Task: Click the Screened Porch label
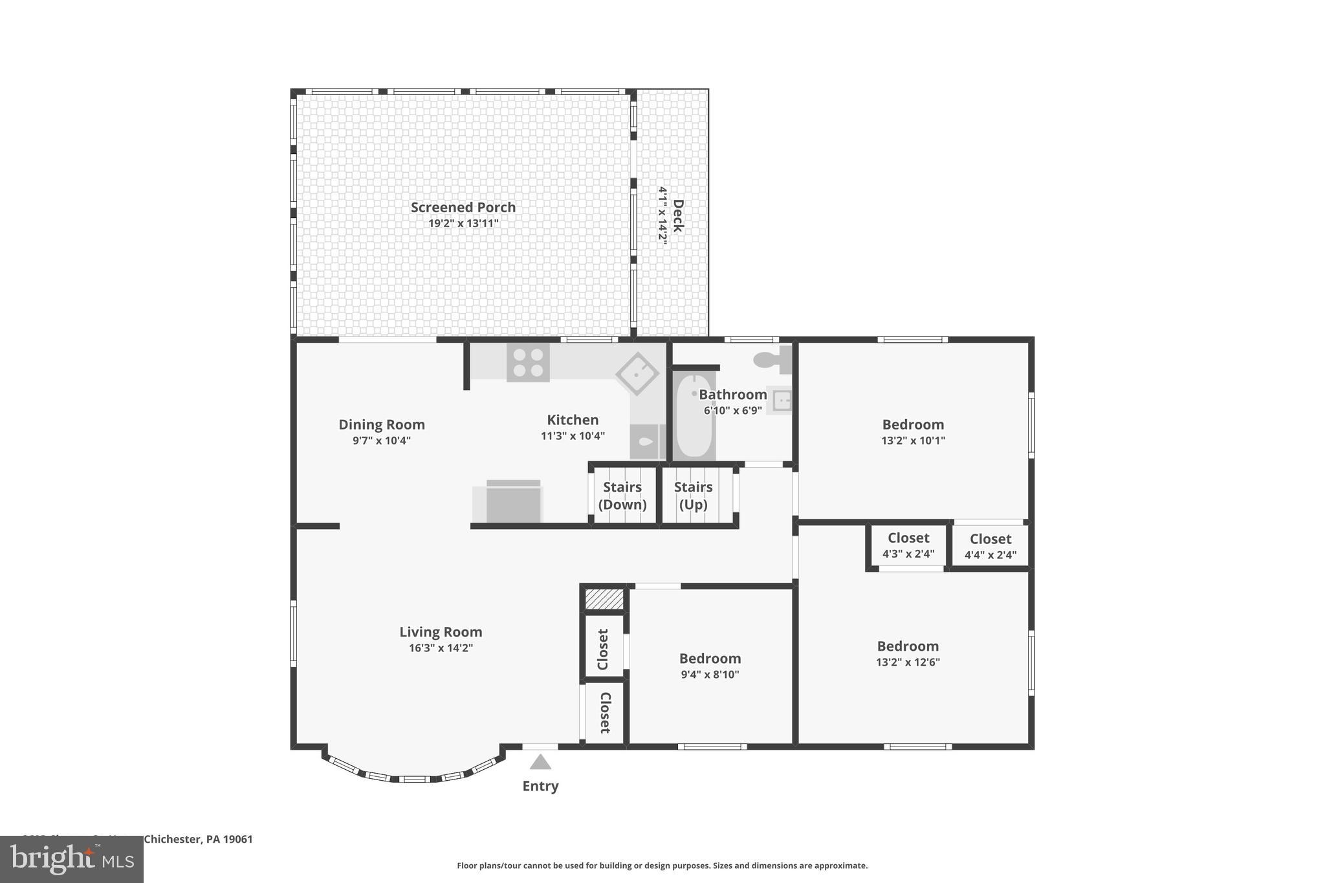coord(463,207)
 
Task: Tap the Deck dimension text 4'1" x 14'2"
coord(662,215)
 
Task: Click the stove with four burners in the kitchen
coord(528,362)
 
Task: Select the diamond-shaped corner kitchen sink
coord(637,373)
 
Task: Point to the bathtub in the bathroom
coord(694,416)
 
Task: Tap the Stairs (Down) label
coord(622,496)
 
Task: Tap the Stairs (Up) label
coord(693,496)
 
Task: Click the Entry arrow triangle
coord(540,763)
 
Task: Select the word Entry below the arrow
coord(540,786)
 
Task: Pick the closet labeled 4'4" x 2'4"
coord(991,547)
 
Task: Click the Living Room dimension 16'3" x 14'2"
coord(441,648)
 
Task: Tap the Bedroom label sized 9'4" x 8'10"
coord(710,659)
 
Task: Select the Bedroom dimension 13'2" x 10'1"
coord(913,441)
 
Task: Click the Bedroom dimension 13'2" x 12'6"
coord(908,662)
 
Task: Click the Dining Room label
coord(382,424)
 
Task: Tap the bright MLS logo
coord(72,859)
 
